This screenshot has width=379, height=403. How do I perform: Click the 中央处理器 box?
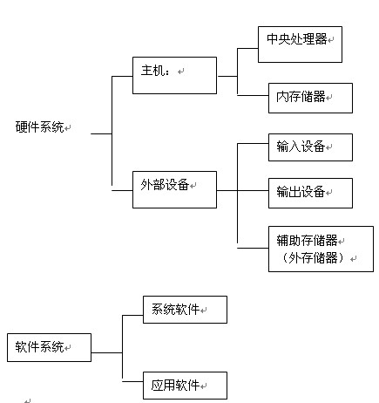coord(300,44)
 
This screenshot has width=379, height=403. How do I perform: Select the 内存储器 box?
coord(310,98)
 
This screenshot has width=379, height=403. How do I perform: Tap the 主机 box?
coord(174,75)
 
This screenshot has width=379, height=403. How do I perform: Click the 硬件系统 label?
coord(40,127)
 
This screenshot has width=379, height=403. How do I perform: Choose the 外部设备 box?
coord(174,189)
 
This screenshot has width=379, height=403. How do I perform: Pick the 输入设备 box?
coord(310,147)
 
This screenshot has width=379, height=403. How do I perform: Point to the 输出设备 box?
coord(310,193)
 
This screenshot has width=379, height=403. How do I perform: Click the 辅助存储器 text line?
coord(307,240)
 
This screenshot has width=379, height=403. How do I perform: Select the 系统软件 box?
coord(185,310)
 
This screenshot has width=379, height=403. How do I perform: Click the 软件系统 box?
coord(49,347)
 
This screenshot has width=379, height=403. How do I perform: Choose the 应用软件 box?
coord(185,386)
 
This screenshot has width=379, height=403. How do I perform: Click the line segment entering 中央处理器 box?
coord(247,48)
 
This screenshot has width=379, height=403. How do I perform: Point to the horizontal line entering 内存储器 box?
coord(253,95)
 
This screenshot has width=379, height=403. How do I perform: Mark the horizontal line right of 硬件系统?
coord(101,133)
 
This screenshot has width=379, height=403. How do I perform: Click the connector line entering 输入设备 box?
coord(253,143)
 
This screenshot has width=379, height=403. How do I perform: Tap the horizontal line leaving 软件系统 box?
coord(106,352)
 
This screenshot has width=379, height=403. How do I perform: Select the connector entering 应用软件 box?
coord(132,381)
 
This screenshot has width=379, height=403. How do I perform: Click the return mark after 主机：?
coord(181,72)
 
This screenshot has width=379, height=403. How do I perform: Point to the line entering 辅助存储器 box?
coord(253,248)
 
